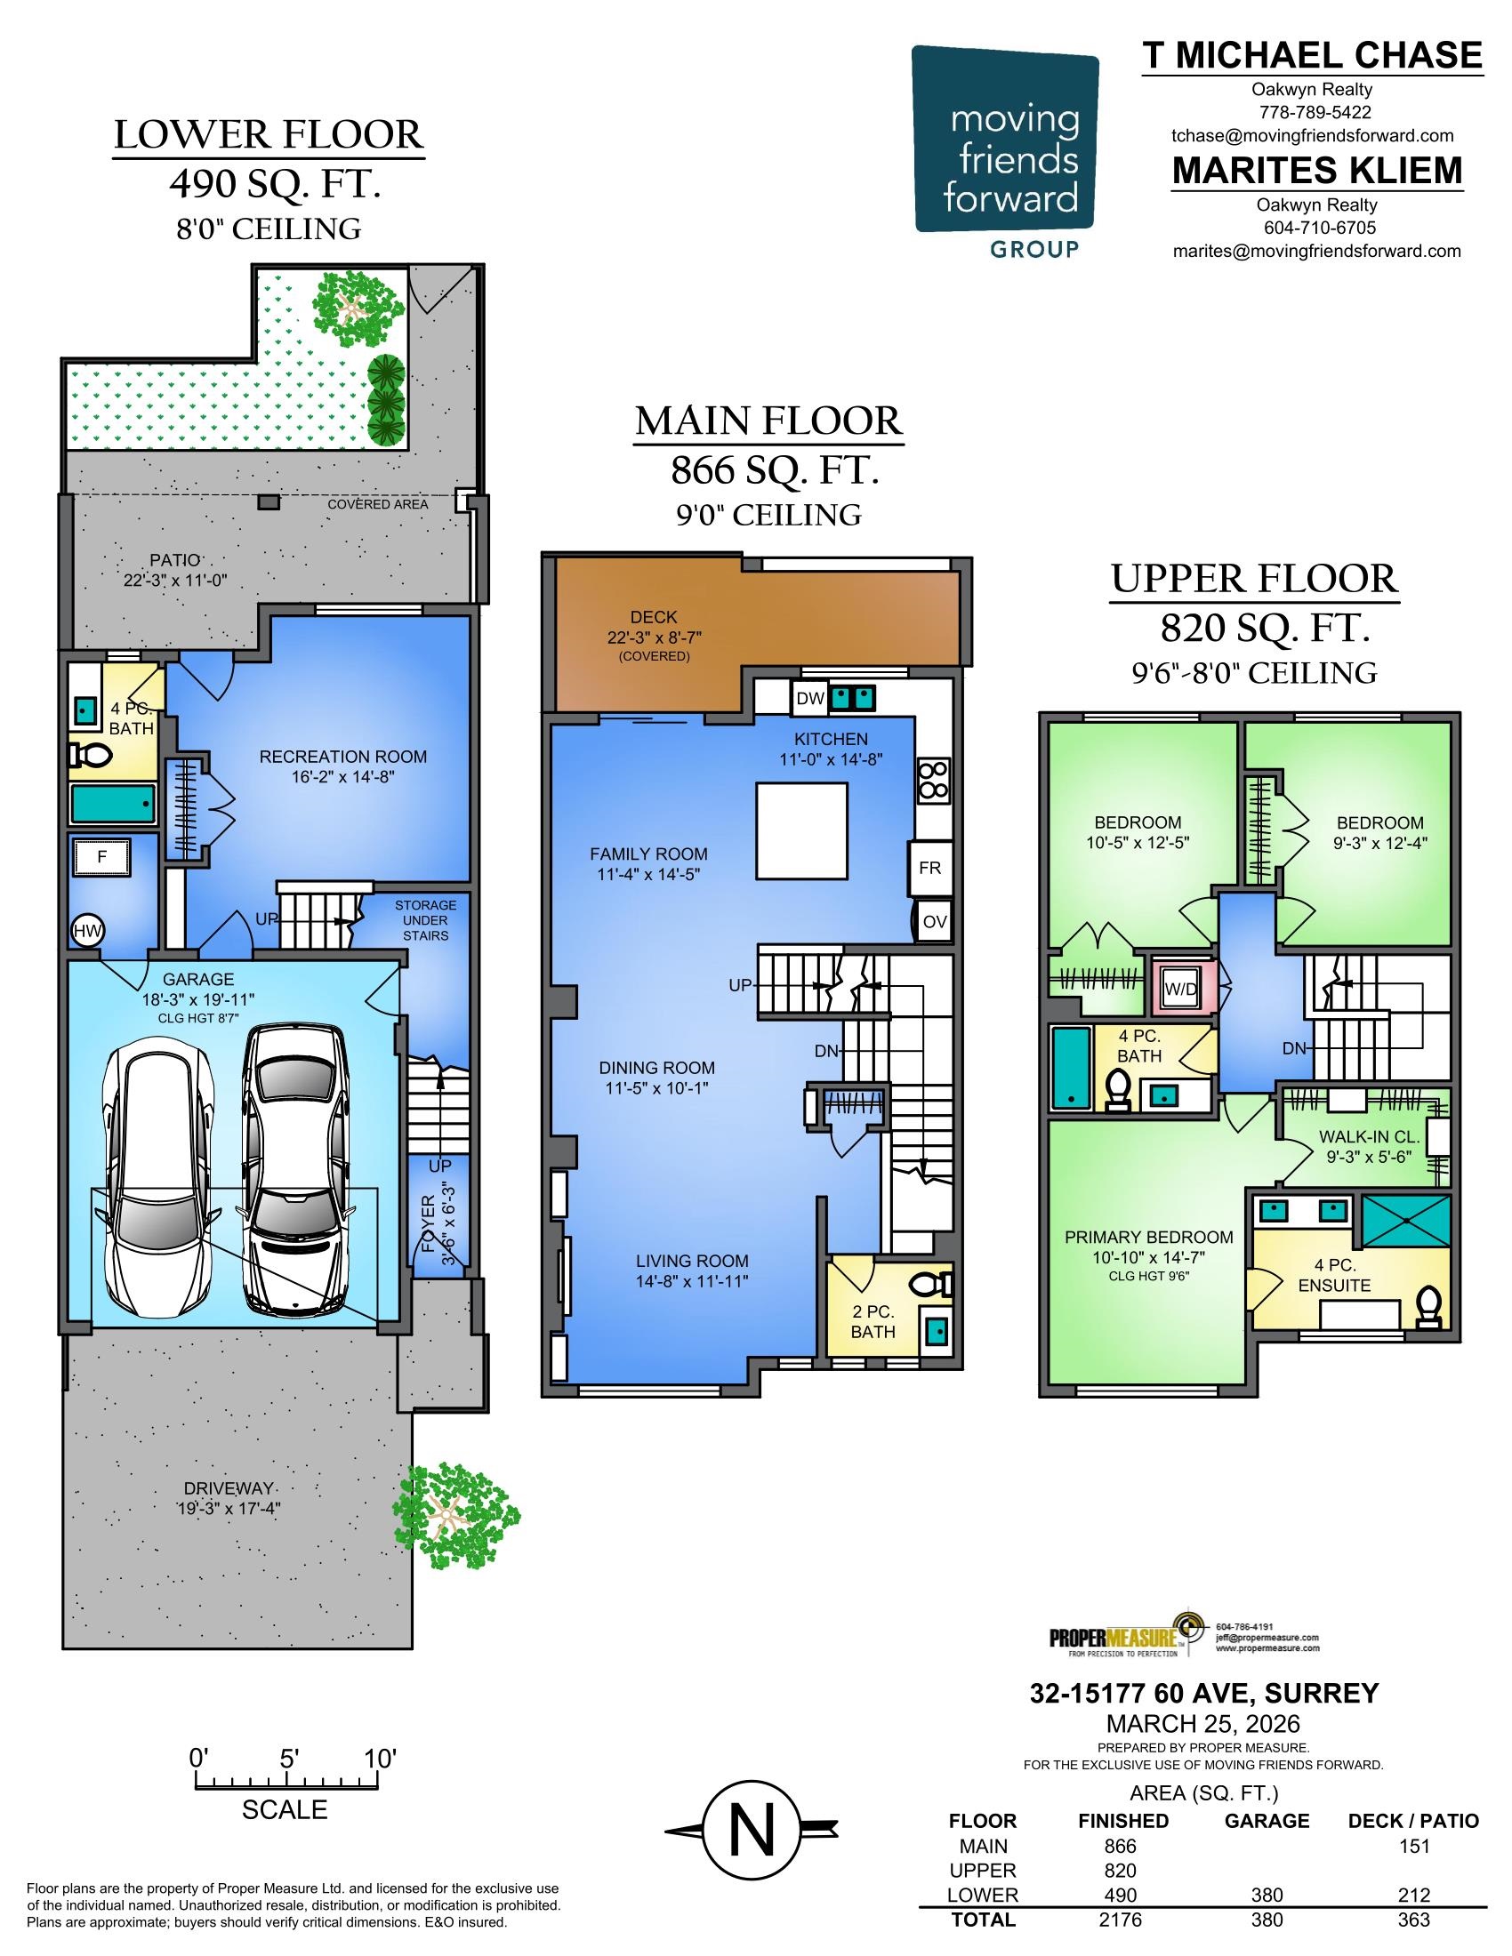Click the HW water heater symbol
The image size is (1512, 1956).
point(87,931)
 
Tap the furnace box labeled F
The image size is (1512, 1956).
point(102,857)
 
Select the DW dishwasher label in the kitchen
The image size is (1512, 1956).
point(809,698)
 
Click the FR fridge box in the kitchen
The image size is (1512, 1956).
point(929,867)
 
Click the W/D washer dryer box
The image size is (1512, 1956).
point(1180,989)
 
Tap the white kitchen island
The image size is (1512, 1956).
point(801,831)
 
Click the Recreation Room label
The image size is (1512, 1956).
point(343,757)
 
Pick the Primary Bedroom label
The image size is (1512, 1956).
point(1148,1237)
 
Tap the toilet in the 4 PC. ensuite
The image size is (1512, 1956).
point(1428,1308)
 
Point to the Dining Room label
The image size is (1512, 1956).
point(656,1068)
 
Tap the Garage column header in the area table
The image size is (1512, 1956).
point(1267,1821)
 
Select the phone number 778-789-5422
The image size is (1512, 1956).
point(1315,113)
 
